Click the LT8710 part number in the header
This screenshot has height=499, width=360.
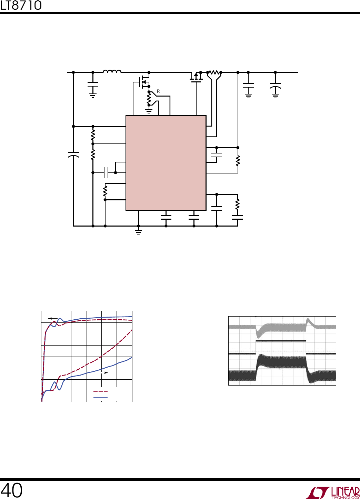tap(21, 6)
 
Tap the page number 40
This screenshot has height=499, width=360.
tap(11, 490)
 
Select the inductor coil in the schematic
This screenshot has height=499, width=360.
tap(112, 71)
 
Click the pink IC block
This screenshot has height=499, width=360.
tap(166, 163)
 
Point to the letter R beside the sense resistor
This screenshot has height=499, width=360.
tap(158, 91)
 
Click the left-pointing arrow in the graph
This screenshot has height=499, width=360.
tap(53, 319)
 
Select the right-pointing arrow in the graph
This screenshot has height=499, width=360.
tap(103, 372)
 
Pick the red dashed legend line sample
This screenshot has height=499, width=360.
tap(100, 391)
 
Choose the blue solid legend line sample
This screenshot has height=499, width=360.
tap(100, 397)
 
